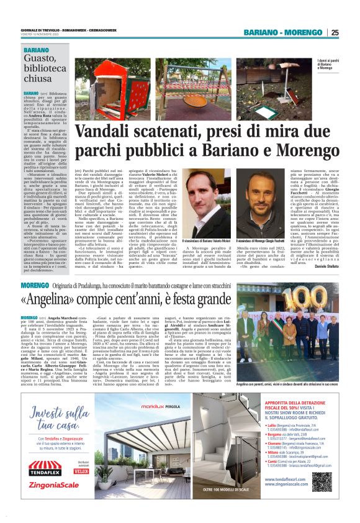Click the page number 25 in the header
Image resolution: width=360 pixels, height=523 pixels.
[x=335, y=32]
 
